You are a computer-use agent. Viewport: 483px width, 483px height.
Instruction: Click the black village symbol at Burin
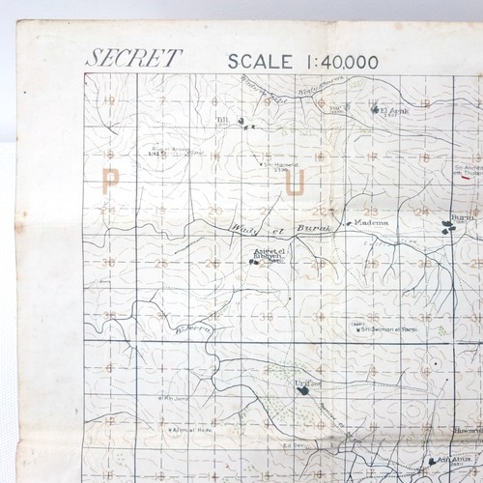[447, 227]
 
